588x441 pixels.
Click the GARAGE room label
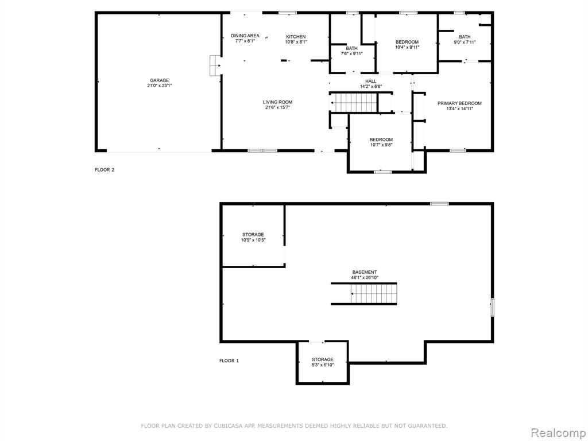[x=160, y=80]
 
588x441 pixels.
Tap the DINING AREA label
[x=245, y=36]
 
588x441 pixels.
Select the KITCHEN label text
[x=296, y=37]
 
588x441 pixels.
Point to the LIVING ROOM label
[x=277, y=102]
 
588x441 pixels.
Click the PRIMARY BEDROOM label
[x=459, y=103]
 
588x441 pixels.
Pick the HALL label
[x=370, y=82]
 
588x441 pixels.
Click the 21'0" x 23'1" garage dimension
[x=160, y=86]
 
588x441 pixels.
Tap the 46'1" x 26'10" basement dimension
[x=365, y=278]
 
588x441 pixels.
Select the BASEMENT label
[x=365, y=272]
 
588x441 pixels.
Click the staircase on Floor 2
[x=353, y=102]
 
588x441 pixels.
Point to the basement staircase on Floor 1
[x=373, y=293]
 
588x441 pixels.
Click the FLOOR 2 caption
[x=105, y=170]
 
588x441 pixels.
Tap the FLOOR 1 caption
[x=229, y=361]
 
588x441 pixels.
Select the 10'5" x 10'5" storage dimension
[x=253, y=240]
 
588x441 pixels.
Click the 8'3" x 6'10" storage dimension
[x=323, y=365]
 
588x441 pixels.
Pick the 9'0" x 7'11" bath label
[x=465, y=42]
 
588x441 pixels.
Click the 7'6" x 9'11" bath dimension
[x=352, y=53]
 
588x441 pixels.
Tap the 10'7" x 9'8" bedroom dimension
[x=381, y=145]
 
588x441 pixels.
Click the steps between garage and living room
[x=215, y=65]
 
